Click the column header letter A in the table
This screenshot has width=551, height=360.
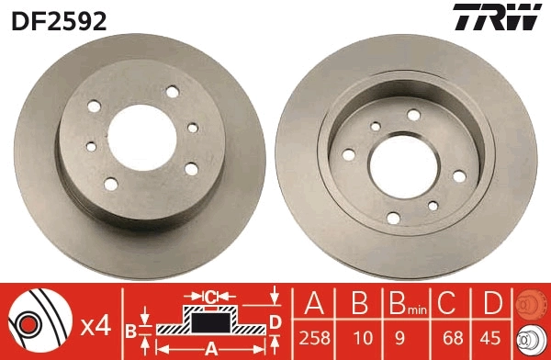(313, 302)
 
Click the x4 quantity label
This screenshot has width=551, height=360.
(95, 325)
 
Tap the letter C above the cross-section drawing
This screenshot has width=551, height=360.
(210, 296)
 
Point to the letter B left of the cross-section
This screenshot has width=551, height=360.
(130, 328)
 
